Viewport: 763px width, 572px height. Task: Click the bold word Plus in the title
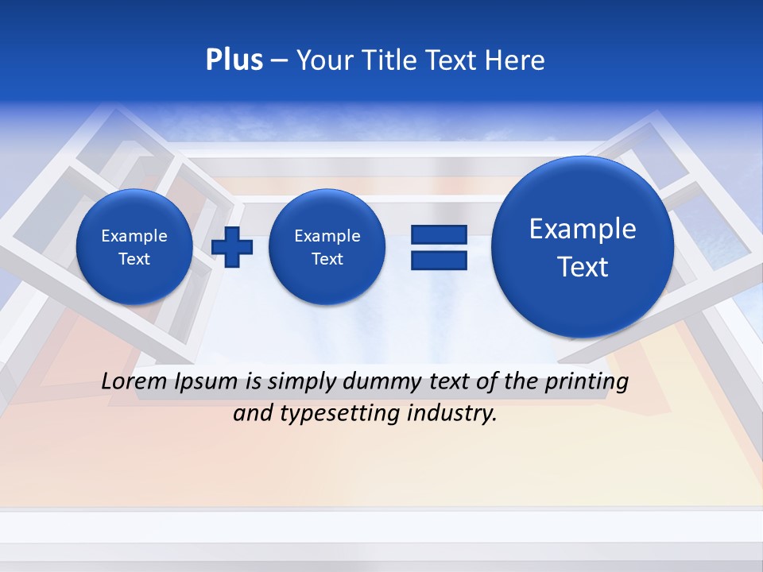(234, 60)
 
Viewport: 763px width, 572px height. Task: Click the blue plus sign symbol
(232, 247)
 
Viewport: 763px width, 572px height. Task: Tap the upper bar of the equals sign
(439, 234)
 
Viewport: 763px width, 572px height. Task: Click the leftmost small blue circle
(134, 247)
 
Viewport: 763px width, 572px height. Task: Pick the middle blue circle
(327, 247)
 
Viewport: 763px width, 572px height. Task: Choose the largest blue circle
(583, 247)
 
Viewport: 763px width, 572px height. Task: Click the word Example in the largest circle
(583, 229)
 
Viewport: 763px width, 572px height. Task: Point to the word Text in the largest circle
(583, 267)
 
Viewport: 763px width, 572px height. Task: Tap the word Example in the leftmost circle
(134, 236)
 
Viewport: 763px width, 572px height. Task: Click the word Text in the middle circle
(327, 259)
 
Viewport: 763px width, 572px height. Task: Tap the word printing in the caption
(588, 382)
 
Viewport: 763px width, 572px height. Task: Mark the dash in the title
(279, 61)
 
